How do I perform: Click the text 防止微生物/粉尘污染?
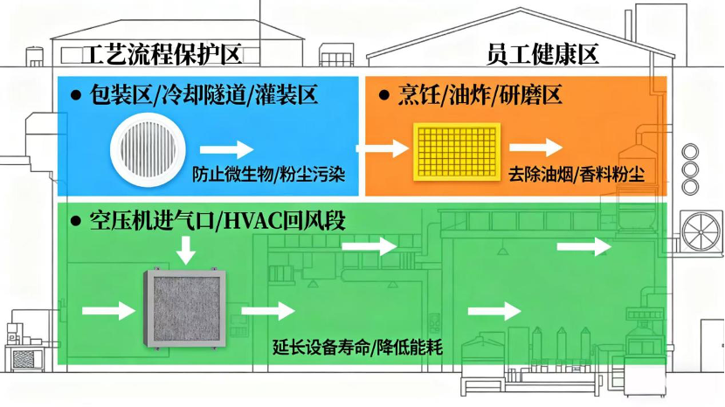pyautogui.click(x=269, y=174)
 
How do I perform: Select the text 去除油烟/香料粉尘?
pyautogui.click(x=576, y=174)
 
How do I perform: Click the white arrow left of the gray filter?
pyautogui.click(x=102, y=309)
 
